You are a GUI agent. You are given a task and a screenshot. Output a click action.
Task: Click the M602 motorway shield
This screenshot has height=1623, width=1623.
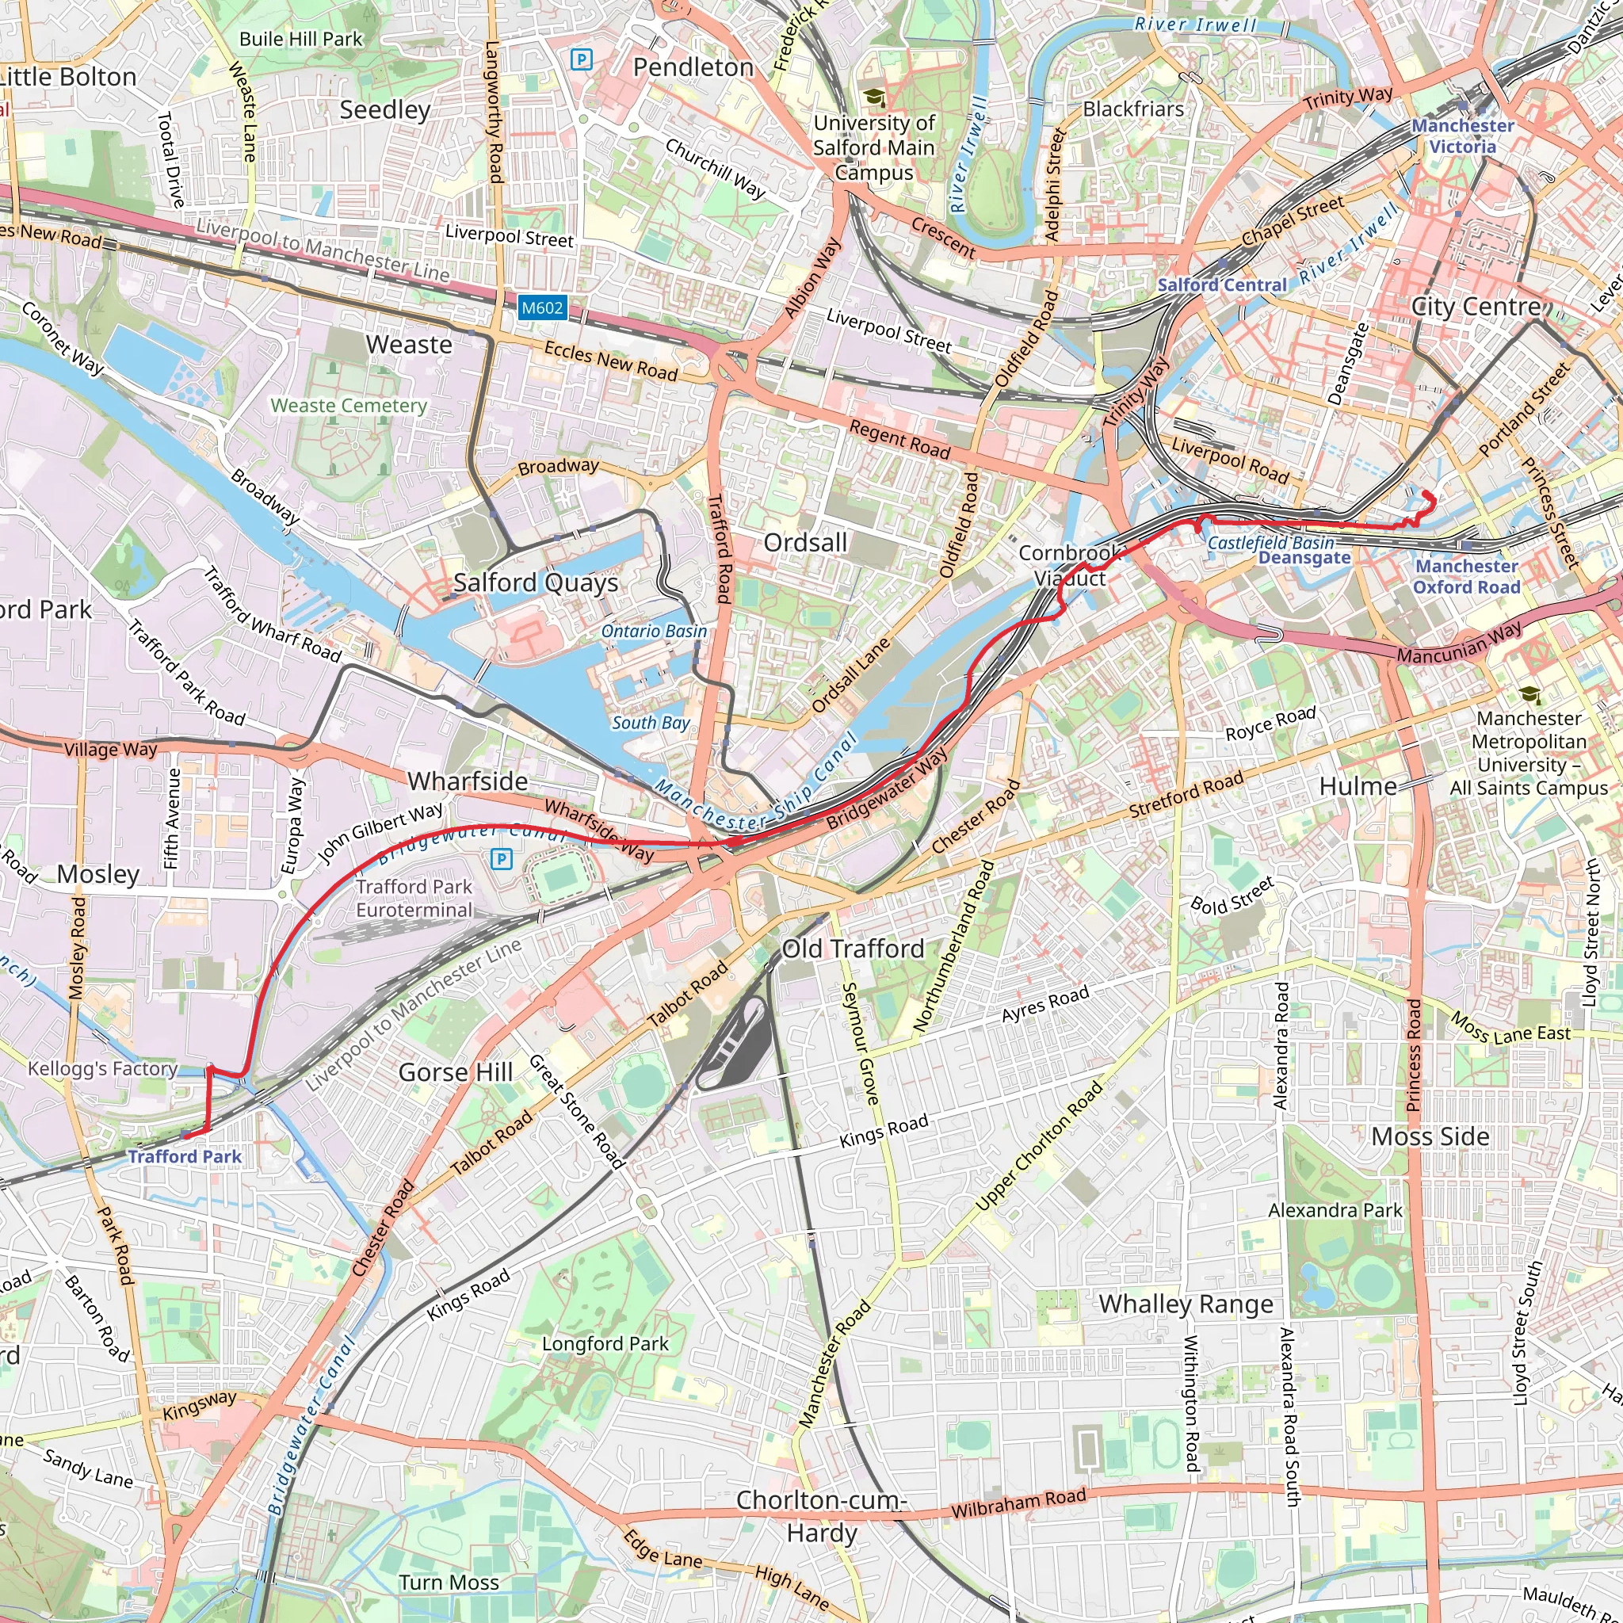click(542, 307)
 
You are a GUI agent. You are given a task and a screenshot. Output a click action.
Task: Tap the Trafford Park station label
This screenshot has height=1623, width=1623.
click(185, 1156)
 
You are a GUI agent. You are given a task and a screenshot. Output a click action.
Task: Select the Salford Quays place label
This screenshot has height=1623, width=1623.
click(536, 582)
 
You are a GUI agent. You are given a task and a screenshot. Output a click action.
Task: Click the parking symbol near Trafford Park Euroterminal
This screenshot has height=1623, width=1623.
click(502, 857)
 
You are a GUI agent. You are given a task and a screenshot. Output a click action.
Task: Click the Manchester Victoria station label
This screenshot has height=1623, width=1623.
click(1463, 136)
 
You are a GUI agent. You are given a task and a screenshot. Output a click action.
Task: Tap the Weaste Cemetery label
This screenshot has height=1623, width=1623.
click(349, 405)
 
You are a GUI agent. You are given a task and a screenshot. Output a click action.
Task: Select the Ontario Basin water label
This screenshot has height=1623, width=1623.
click(654, 631)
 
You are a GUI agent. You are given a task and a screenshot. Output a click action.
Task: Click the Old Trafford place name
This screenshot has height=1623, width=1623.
click(853, 949)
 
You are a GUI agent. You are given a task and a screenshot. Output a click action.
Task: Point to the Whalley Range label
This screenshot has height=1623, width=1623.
click(1186, 1304)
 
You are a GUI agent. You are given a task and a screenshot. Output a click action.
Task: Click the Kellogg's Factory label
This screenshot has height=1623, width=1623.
click(102, 1067)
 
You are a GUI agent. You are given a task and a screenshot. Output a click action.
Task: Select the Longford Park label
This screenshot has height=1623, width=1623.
click(605, 1343)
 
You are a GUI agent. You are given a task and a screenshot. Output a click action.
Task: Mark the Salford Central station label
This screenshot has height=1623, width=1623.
click(1221, 285)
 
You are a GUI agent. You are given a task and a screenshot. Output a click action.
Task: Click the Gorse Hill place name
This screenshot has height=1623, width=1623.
click(456, 1072)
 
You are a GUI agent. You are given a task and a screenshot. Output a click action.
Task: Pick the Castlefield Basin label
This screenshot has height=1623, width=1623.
click(1270, 543)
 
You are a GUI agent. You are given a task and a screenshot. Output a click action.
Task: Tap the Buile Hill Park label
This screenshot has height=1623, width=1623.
click(300, 39)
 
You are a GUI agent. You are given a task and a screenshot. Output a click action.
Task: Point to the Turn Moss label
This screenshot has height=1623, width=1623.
click(449, 1582)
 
